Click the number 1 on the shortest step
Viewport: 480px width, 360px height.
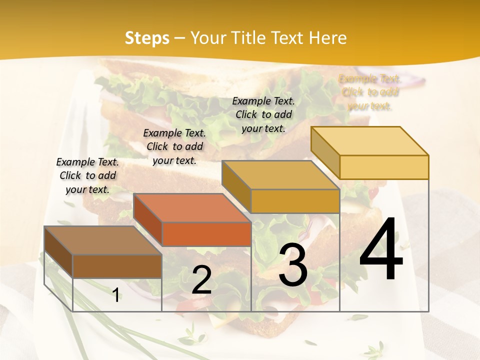(x=116, y=295)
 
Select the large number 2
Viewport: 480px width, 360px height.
(x=201, y=279)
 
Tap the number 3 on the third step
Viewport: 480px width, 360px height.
(x=293, y=266)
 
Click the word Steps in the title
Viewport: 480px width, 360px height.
(x=147, y=38)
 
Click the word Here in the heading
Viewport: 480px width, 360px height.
(x=328, y=38)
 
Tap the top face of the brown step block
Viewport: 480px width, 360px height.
(x=102, y=240)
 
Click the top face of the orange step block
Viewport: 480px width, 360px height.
(x=192, y=207)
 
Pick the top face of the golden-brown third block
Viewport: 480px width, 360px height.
(x=280, y=175)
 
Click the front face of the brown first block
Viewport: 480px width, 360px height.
(x=117, y=266)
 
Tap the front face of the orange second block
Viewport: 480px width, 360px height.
(x=206, y=234)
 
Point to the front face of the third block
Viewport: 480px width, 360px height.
(x=295, y=201)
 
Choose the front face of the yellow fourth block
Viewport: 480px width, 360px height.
(x=384, y=167)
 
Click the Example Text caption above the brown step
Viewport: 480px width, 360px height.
(x=87, y=175)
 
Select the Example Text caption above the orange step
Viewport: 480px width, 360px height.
(x=174, y=146)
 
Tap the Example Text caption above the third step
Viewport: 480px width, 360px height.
(x=263, y=114)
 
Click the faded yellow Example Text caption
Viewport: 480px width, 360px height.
(x=370, y=92)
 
